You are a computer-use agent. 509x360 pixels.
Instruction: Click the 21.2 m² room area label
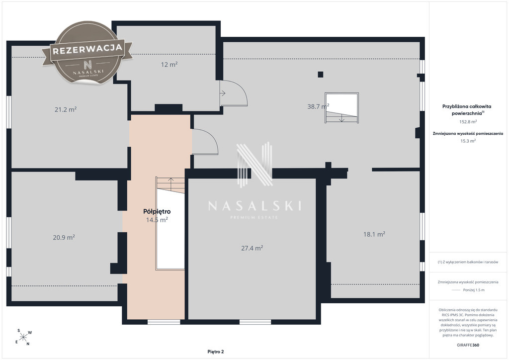(66, 109)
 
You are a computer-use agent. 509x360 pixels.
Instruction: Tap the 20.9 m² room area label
(64, 237)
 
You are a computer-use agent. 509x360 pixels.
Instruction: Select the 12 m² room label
(169, 65)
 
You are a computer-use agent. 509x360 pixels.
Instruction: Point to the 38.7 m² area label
(318, 106)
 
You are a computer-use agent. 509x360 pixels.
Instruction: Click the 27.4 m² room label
(252, 248)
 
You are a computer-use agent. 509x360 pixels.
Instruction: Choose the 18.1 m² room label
(374, 234)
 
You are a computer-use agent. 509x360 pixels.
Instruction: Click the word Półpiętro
(157, 212)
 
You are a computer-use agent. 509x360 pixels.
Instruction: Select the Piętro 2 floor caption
(216, 352)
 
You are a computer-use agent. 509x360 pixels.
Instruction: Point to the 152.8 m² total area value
(468, 122)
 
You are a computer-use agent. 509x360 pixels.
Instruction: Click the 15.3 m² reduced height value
(468, 141)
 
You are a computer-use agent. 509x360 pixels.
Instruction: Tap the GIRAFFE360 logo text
(468, 345)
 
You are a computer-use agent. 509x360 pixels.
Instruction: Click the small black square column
(321, 75)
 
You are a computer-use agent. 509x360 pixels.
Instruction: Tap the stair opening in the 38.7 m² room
(342, 108)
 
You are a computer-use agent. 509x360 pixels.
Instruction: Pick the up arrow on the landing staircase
(171, 181)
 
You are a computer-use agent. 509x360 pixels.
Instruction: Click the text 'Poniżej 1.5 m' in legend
(474, 290)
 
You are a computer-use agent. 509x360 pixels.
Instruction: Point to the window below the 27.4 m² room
(255, 322)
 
